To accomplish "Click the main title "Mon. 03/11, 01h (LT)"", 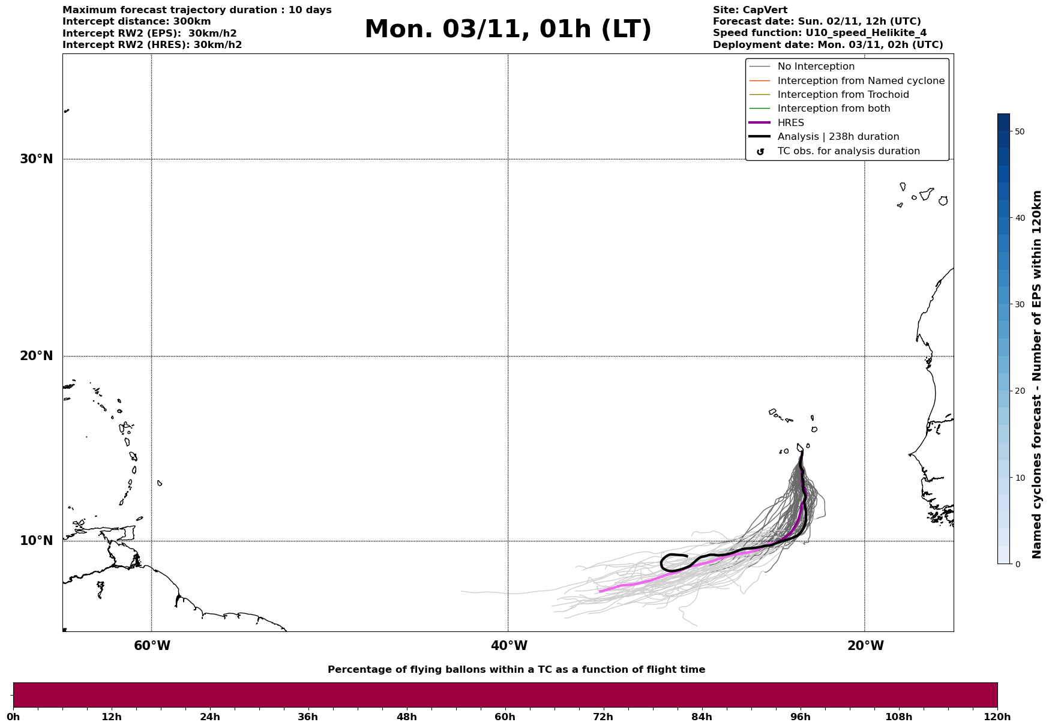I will [508, 29].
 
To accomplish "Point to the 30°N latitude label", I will [37, 159].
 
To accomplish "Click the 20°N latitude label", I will [37, 356].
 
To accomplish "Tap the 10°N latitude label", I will [37, 541].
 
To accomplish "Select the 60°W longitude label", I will [152, 646].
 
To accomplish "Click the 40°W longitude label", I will [509, 646].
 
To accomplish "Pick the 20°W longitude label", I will [865, 646].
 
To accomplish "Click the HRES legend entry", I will [790, 123].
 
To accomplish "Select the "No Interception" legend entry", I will [816, 67].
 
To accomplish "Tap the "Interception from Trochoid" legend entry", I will [843, 95].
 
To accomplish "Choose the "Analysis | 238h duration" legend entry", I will [838, 137].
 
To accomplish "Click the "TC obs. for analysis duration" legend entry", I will [848, 151].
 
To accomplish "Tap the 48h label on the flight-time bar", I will [406, 717].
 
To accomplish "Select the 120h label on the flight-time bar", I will [997, 717].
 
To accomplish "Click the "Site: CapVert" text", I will [750, 10].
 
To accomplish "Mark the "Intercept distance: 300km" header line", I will [137, 22].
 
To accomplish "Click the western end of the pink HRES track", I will [600, 592].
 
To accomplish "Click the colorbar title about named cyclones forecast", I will [1036, 375].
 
